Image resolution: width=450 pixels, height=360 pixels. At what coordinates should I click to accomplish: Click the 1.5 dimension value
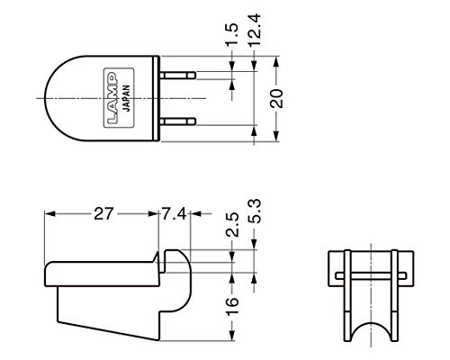(232, 34)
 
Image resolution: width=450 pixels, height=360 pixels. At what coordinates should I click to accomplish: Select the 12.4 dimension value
(254, 30)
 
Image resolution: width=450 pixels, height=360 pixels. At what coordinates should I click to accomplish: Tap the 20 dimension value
(276, 98)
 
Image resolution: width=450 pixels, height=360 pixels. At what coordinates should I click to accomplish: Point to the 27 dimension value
(103, 214)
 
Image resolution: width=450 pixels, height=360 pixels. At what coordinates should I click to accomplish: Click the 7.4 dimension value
(175, 214)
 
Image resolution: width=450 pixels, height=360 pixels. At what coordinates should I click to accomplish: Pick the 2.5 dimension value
(232, 225)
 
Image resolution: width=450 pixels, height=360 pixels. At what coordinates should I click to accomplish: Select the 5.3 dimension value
(254, 211)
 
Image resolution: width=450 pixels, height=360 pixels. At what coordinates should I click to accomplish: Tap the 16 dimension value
(232, 306)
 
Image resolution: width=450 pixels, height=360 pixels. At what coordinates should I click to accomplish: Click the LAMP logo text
(112, 98)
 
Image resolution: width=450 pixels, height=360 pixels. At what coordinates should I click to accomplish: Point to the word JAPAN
(127, 98)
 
